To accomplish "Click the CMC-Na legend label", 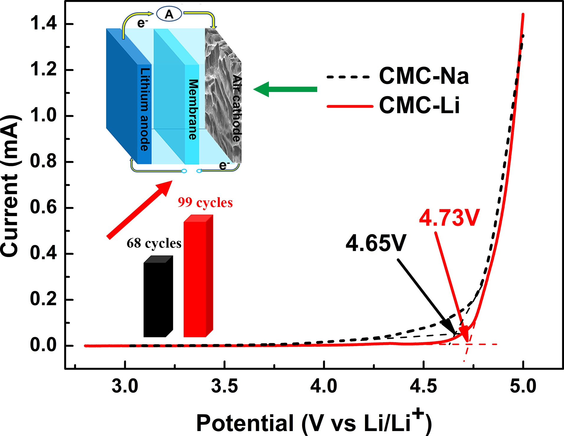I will tap(423, 76).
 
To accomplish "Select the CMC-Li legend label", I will tap(419, 105).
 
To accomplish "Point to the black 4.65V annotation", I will tap(376, 243).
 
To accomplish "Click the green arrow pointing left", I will tap(285, 89).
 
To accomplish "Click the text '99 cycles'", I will tap(205, 203).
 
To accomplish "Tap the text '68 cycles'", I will tap(154, 243).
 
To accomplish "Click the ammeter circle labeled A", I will tap(169, 14).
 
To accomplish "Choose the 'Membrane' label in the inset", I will tap(193, 109).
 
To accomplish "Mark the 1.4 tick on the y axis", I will tap(43, 24).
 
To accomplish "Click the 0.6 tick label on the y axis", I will tap(43, 208).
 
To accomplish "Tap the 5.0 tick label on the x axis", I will tap(523, 386).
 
